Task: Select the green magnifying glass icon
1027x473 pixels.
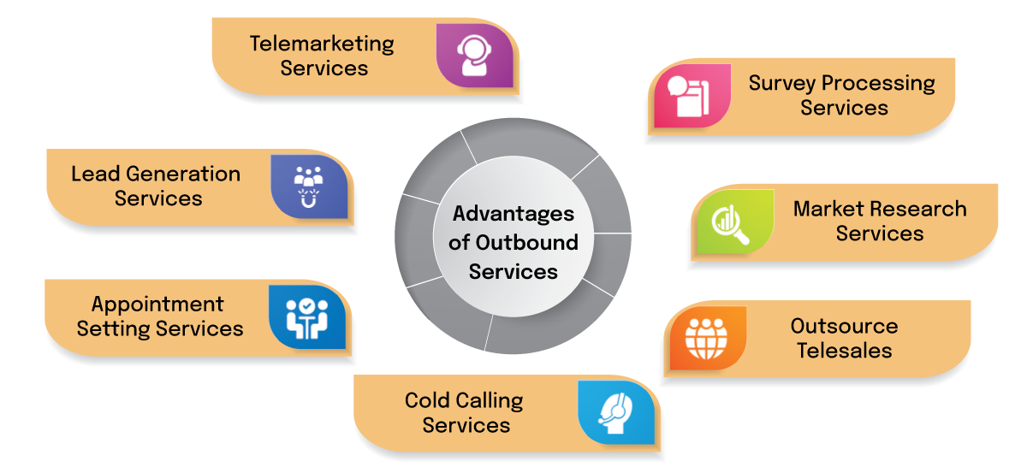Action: click(730, 222)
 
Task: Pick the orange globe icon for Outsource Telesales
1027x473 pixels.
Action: click(706, 339)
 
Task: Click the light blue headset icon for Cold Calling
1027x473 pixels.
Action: click(615, 412)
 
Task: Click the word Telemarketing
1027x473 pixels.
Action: click(322, 43)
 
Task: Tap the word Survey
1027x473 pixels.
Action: click(782, 84)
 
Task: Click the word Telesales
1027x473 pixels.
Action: click(844, 350)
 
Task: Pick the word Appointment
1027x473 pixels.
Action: click(157, 304)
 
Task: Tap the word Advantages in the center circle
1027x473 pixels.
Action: click(513, 213)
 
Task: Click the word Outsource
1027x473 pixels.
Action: click(844, 326)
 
